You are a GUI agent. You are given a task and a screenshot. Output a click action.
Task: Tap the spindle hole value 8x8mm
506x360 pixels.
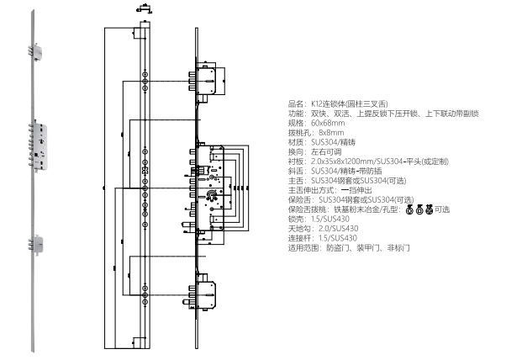pos(331,132)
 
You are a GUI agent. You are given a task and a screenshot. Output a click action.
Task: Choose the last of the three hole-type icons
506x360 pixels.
pos(428,209)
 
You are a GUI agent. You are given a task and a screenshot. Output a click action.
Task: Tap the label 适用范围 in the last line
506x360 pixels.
pos(300,248)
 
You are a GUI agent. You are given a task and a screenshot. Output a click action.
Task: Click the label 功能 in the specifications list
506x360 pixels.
pos(294,112)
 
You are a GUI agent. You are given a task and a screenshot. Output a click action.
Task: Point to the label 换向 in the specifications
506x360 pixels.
pos(294,151)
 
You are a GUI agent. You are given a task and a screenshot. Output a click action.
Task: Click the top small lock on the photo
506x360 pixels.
pos(38,52)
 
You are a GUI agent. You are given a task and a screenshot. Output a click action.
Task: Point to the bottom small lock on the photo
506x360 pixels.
pos(38,244)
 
